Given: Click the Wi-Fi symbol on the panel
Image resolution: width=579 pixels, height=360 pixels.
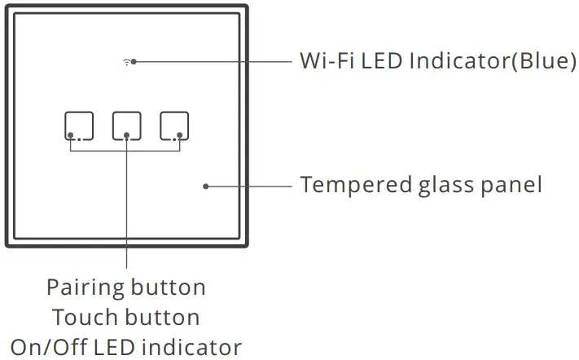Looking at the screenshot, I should [126, 62].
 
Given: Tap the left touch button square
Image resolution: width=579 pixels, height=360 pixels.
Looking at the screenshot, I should [79, 125].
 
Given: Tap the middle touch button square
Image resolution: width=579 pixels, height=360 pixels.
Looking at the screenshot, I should [127, 125].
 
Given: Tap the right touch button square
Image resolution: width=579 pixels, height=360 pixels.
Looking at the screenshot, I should [174, 125].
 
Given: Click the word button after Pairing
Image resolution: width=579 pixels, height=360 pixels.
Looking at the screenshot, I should [169, 288].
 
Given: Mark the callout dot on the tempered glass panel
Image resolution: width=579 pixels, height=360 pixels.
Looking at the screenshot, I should [205, 186].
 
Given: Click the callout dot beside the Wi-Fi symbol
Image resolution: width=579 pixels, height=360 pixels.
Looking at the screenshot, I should [134, 62].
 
